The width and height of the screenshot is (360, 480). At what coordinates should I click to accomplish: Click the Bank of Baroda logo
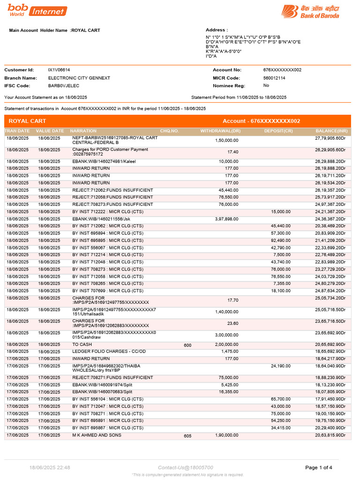point(310,11)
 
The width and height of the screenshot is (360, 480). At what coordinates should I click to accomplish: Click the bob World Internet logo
point(37,10)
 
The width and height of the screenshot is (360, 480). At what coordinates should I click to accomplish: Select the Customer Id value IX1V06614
point(59,70)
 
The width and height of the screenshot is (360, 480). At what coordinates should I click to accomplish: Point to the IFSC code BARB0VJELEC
point(64,86)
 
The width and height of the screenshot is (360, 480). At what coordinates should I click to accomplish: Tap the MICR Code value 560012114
point(275,78)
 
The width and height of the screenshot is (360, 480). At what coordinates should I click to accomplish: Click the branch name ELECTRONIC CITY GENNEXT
point(80,78)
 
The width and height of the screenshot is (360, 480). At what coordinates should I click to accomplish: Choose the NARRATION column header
point(83,131)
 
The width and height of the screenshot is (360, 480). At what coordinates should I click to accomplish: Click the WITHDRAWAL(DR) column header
point(220,131)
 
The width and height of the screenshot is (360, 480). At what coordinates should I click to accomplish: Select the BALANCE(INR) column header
point(331,131)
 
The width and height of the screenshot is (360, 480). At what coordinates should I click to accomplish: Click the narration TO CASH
point(82,345)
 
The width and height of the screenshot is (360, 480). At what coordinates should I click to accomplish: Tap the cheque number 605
point(187,435)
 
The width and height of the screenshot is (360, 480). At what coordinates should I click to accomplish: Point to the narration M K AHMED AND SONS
point(97,435)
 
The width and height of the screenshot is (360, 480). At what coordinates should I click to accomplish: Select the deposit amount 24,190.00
point(280,366)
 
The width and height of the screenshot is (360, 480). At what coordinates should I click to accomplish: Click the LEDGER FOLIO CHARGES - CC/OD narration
point(109,351)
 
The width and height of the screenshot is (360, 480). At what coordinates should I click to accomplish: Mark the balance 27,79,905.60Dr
point(330,139)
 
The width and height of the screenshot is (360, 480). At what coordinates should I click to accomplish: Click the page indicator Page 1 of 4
point(319,467)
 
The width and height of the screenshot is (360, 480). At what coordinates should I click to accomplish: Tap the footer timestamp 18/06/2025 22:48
point(50,467)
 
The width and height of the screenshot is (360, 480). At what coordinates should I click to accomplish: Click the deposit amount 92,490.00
point(280,240)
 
